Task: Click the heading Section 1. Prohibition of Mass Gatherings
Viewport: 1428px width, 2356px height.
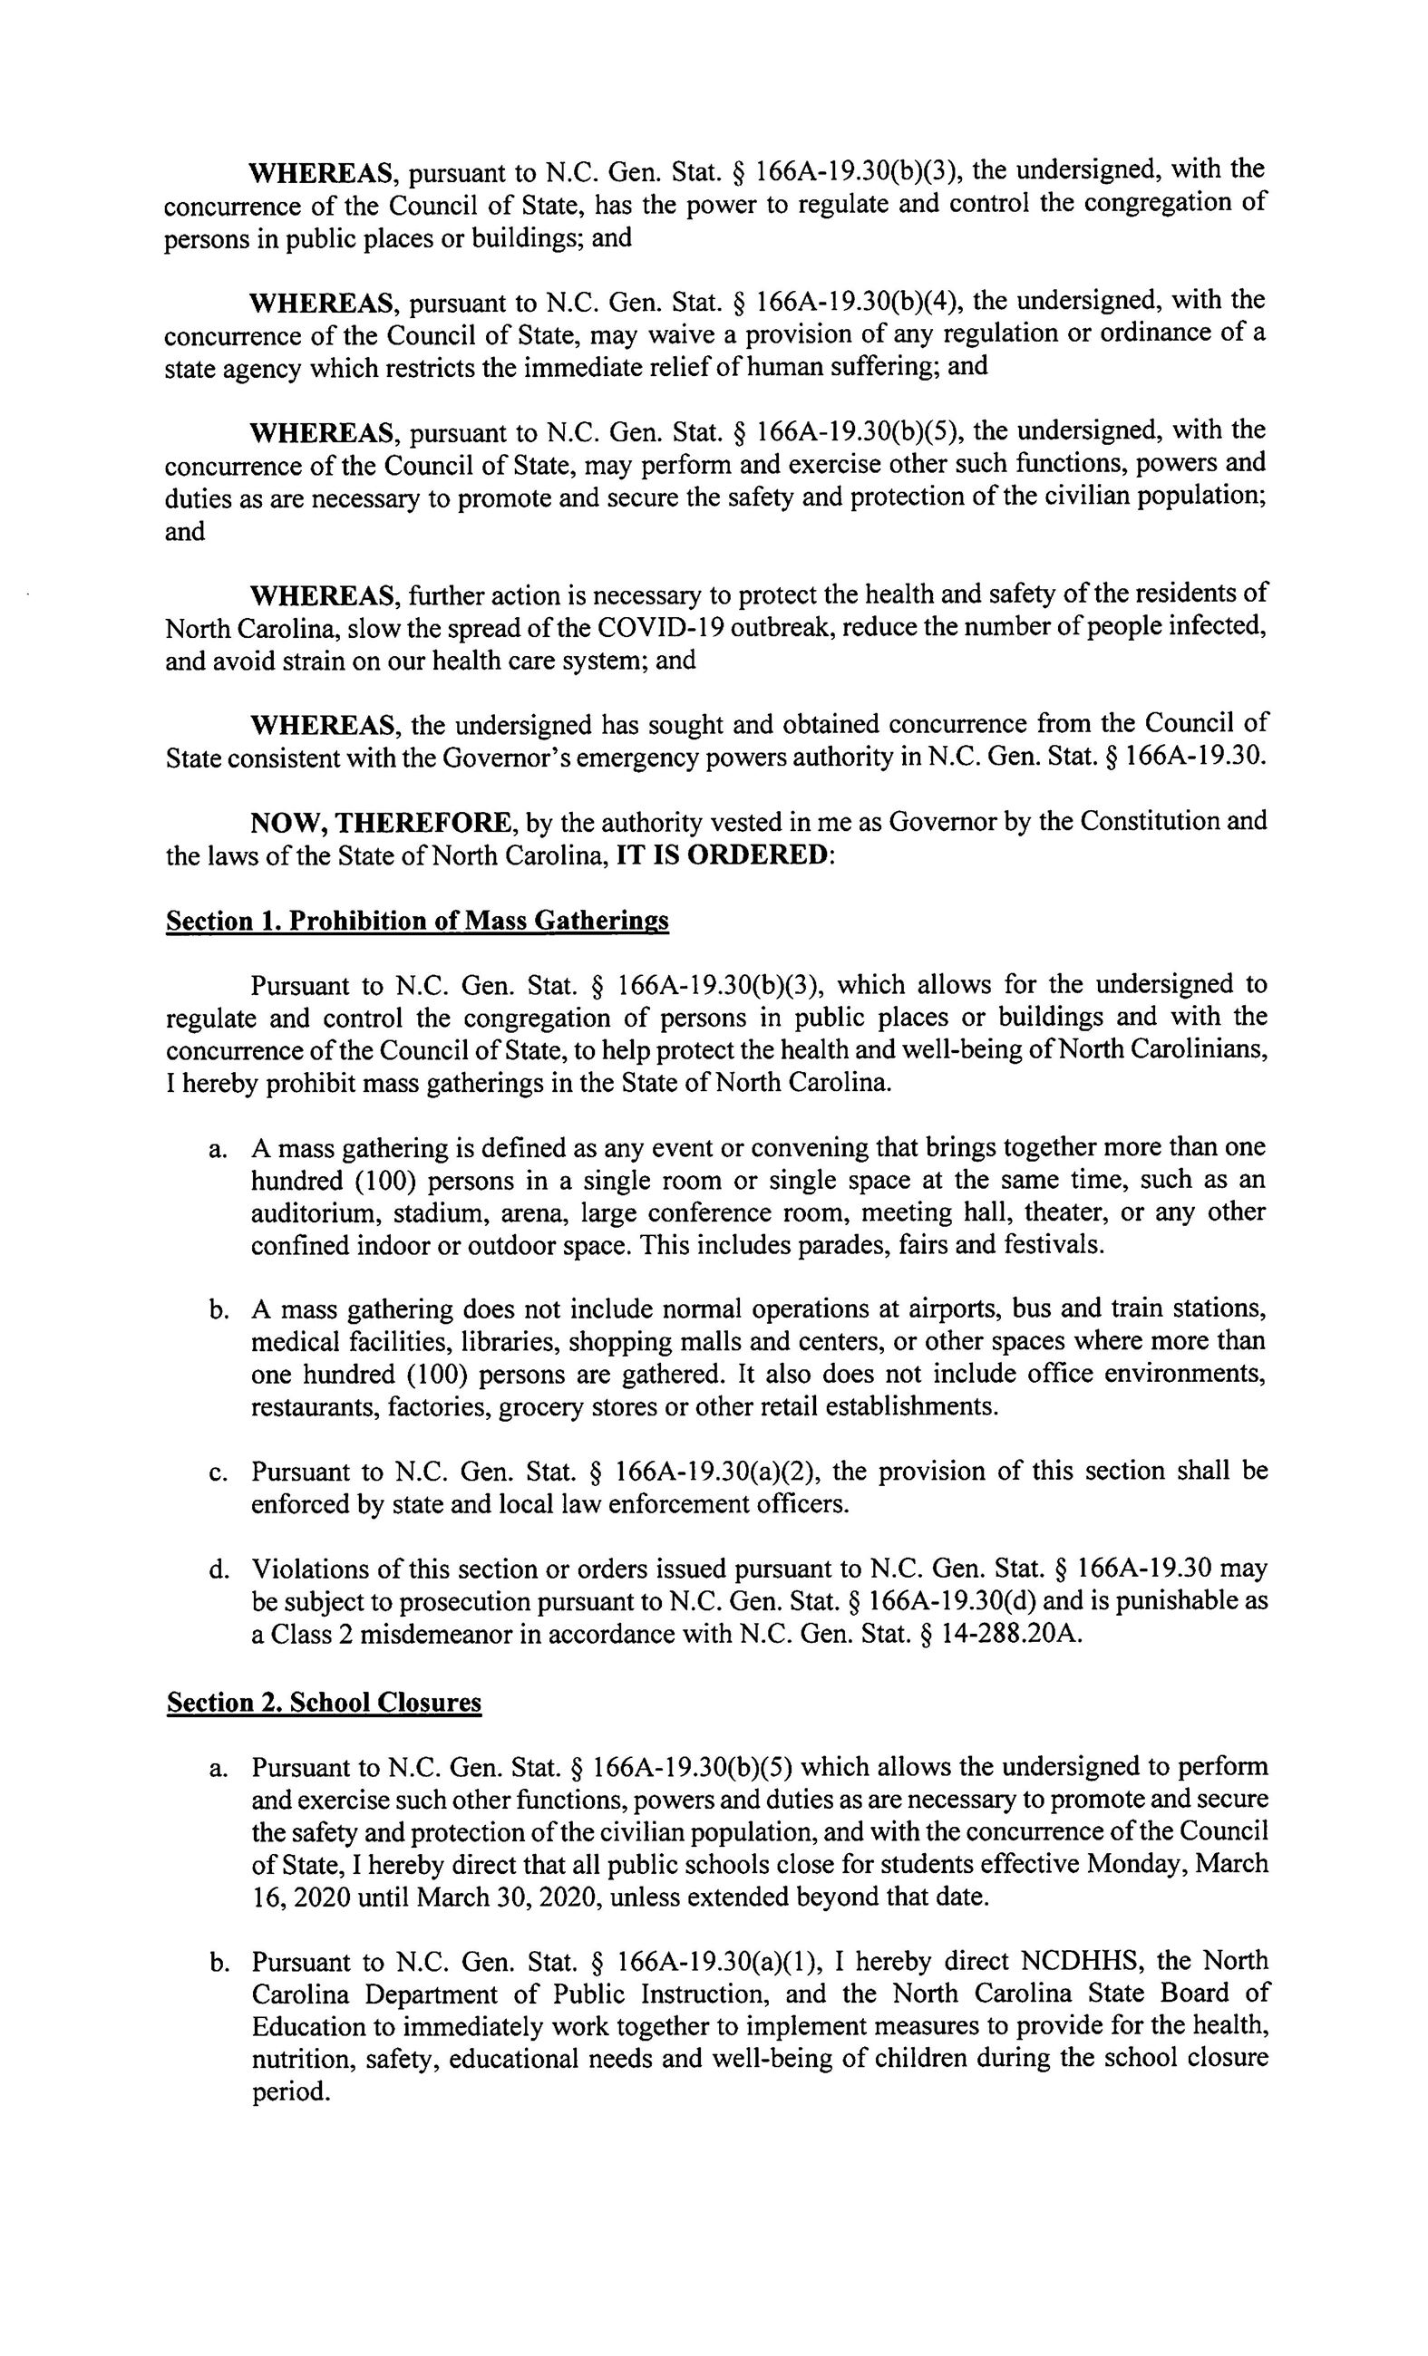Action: coord(417,921)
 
